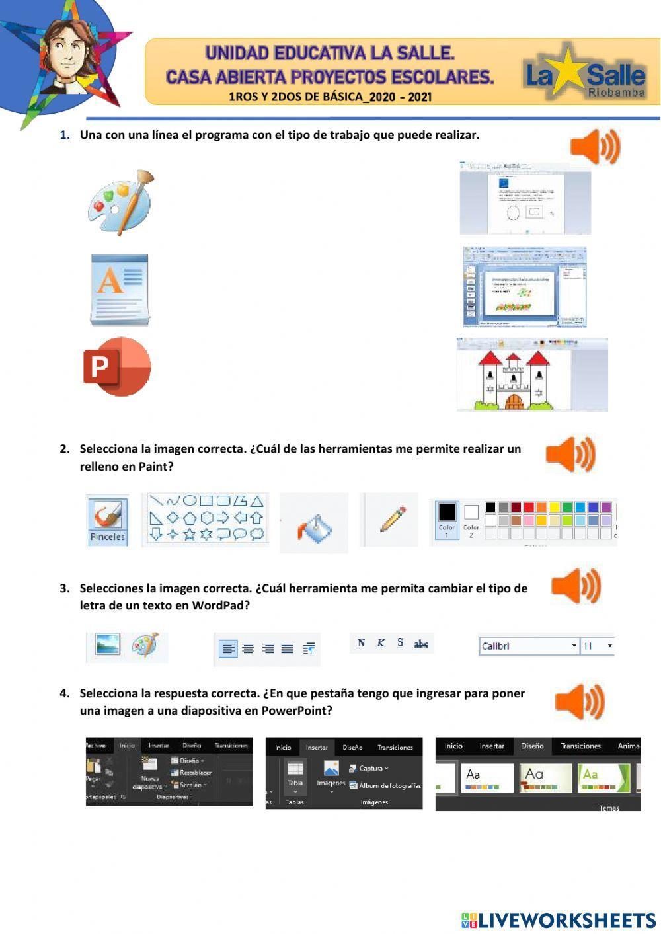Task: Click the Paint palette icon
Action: coord(120,202)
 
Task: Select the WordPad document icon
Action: coord(120,290)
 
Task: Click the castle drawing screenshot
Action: coord(531,375)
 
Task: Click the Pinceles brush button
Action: coord(107,521)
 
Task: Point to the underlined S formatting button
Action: coord(400,642)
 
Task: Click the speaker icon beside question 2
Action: coord(570,454)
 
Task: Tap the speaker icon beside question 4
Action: coord(580,701)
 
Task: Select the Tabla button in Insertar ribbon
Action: coord(295,775)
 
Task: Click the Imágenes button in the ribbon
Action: coord(331,775)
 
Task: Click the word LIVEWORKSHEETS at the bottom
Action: coord(567,920)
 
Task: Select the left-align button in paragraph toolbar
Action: coord(228,648)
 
